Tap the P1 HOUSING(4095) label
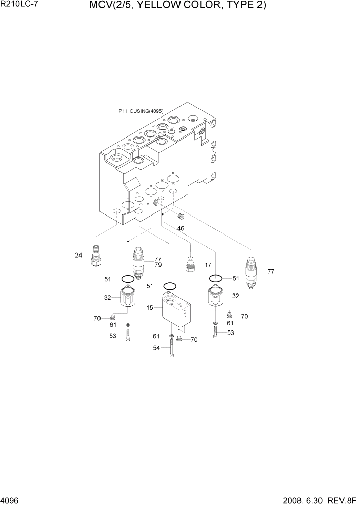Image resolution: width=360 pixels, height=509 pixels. coord(141,111)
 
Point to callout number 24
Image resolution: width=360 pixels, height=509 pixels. coord(78,255)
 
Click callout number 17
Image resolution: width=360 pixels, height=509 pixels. coord(208,265)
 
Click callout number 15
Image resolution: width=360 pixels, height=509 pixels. coord(150,308)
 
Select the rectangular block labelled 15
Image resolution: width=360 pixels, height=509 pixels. coord(174,309)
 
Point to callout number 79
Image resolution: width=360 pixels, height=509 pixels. coord(158,265)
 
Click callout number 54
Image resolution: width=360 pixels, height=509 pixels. coord(156,348)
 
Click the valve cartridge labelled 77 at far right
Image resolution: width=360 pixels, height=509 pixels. coord(252,272)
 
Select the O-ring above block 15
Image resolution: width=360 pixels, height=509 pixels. coord(170,285)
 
